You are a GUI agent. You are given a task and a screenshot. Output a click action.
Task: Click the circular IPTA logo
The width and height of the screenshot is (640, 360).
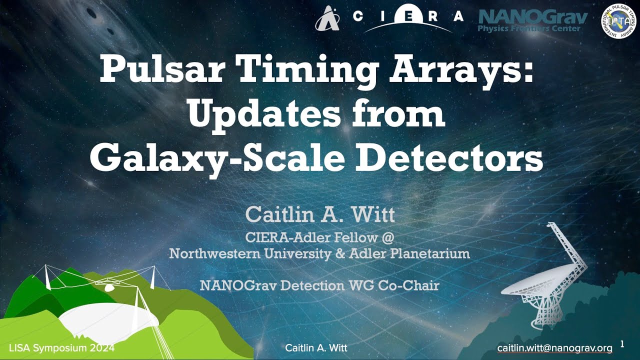tap(619, 22)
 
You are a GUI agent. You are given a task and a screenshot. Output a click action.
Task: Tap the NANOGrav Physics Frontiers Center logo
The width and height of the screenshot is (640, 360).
tap(533, 21)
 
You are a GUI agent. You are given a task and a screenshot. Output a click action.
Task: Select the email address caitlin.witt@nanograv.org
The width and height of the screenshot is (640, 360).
tap(554, 347)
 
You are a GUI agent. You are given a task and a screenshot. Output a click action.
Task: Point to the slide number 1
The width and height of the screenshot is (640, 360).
tap(622, 344)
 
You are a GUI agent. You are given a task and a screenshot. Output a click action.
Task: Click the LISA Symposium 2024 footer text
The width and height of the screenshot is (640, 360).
tap(61, 347)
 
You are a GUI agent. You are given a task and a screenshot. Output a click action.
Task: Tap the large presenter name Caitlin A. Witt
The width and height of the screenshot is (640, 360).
tap(320, 215)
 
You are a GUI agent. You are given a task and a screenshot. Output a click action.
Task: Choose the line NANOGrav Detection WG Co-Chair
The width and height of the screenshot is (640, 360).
tap(319, 285)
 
